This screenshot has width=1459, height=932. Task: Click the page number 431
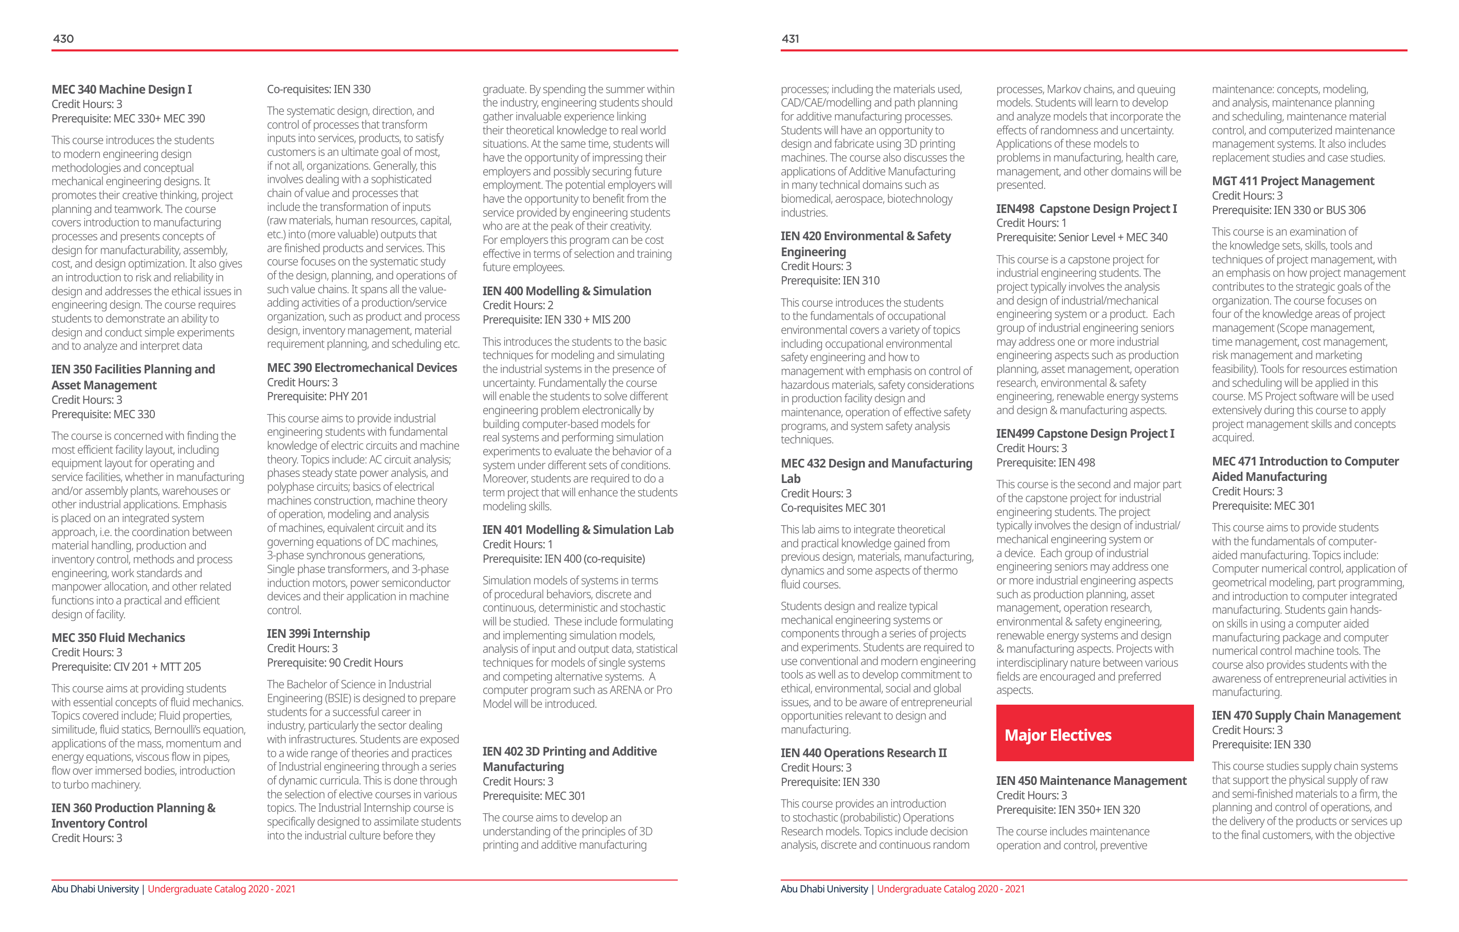790,39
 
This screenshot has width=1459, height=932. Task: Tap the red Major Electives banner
1094,733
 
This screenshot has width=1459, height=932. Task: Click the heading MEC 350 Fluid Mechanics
118,638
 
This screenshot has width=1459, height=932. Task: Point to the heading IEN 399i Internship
318,634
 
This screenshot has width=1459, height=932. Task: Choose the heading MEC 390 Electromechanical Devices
362,368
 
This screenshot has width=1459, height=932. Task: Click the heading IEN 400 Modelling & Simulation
567,291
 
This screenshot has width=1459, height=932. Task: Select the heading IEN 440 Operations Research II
864,752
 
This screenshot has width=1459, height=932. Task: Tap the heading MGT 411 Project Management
1293,181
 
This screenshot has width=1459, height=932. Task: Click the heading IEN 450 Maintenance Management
1091,781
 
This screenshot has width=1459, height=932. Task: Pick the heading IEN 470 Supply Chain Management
1306,715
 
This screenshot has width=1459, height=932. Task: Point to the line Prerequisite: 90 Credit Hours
335,662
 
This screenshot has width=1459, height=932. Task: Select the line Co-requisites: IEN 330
319,89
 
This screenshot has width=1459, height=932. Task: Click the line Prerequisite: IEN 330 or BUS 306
1288,210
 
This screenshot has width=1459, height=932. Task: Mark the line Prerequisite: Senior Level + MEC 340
1082,238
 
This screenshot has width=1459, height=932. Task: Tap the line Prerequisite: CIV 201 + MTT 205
126,667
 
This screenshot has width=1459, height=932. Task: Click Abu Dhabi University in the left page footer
95,889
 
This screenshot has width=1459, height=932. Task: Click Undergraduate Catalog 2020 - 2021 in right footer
950,889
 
